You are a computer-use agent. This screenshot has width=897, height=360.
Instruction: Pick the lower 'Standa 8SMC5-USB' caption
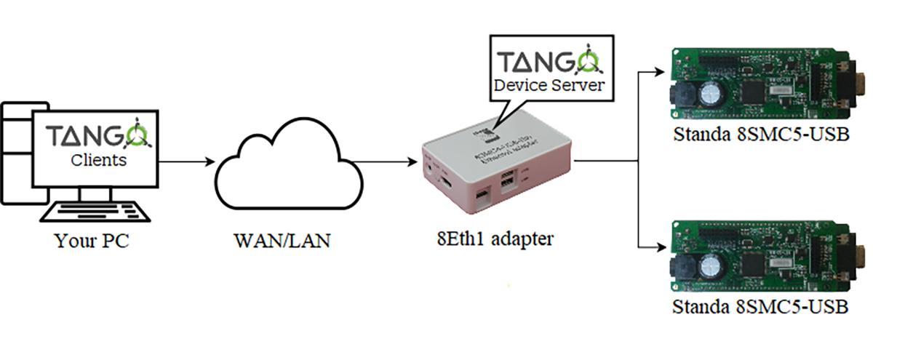(x=760, y=306)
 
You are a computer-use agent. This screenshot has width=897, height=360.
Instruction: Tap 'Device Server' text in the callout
(x=551, y=85)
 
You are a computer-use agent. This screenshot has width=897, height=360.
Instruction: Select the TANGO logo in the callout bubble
(x=551, y=60)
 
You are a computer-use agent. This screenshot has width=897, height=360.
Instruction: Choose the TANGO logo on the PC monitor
(x=97, y=137)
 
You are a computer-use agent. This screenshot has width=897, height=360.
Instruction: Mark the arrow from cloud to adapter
(x=393, y=161)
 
